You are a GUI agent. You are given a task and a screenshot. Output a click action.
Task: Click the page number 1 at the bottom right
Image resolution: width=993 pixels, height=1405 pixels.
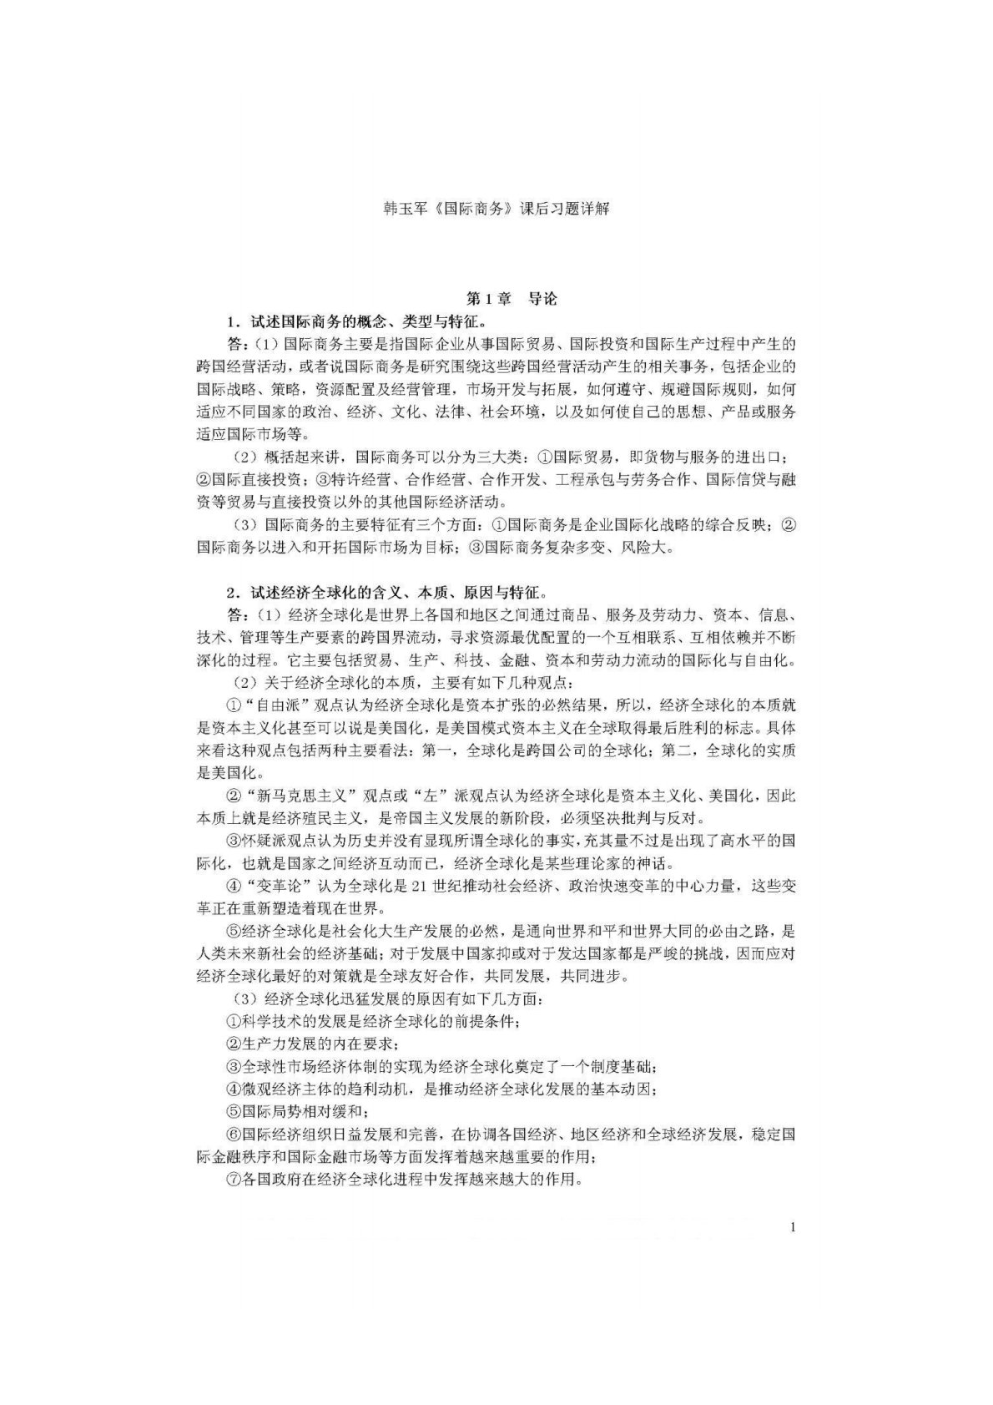(792, 1226)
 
